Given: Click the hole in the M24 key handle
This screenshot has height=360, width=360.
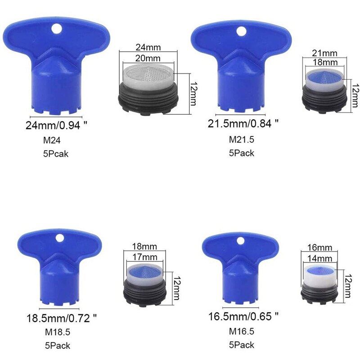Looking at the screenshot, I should click(56, 28).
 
